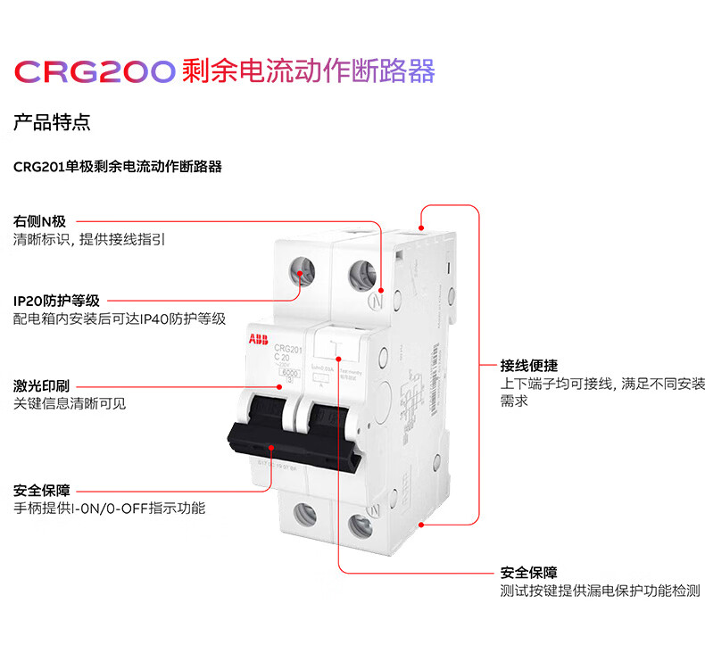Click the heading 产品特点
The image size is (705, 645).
click(x=52, y=122)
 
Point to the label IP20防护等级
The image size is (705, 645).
click(x=55, y=302)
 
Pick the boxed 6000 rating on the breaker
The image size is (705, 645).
click(x=288, y=371)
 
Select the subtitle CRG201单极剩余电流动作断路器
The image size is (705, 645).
click(x=118, y=167)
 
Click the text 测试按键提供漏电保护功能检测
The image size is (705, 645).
click(x=600, y=591)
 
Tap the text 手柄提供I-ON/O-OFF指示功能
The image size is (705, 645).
click(x=109, y=509)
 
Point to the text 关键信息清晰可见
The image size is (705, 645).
click(x=70, y=403)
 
